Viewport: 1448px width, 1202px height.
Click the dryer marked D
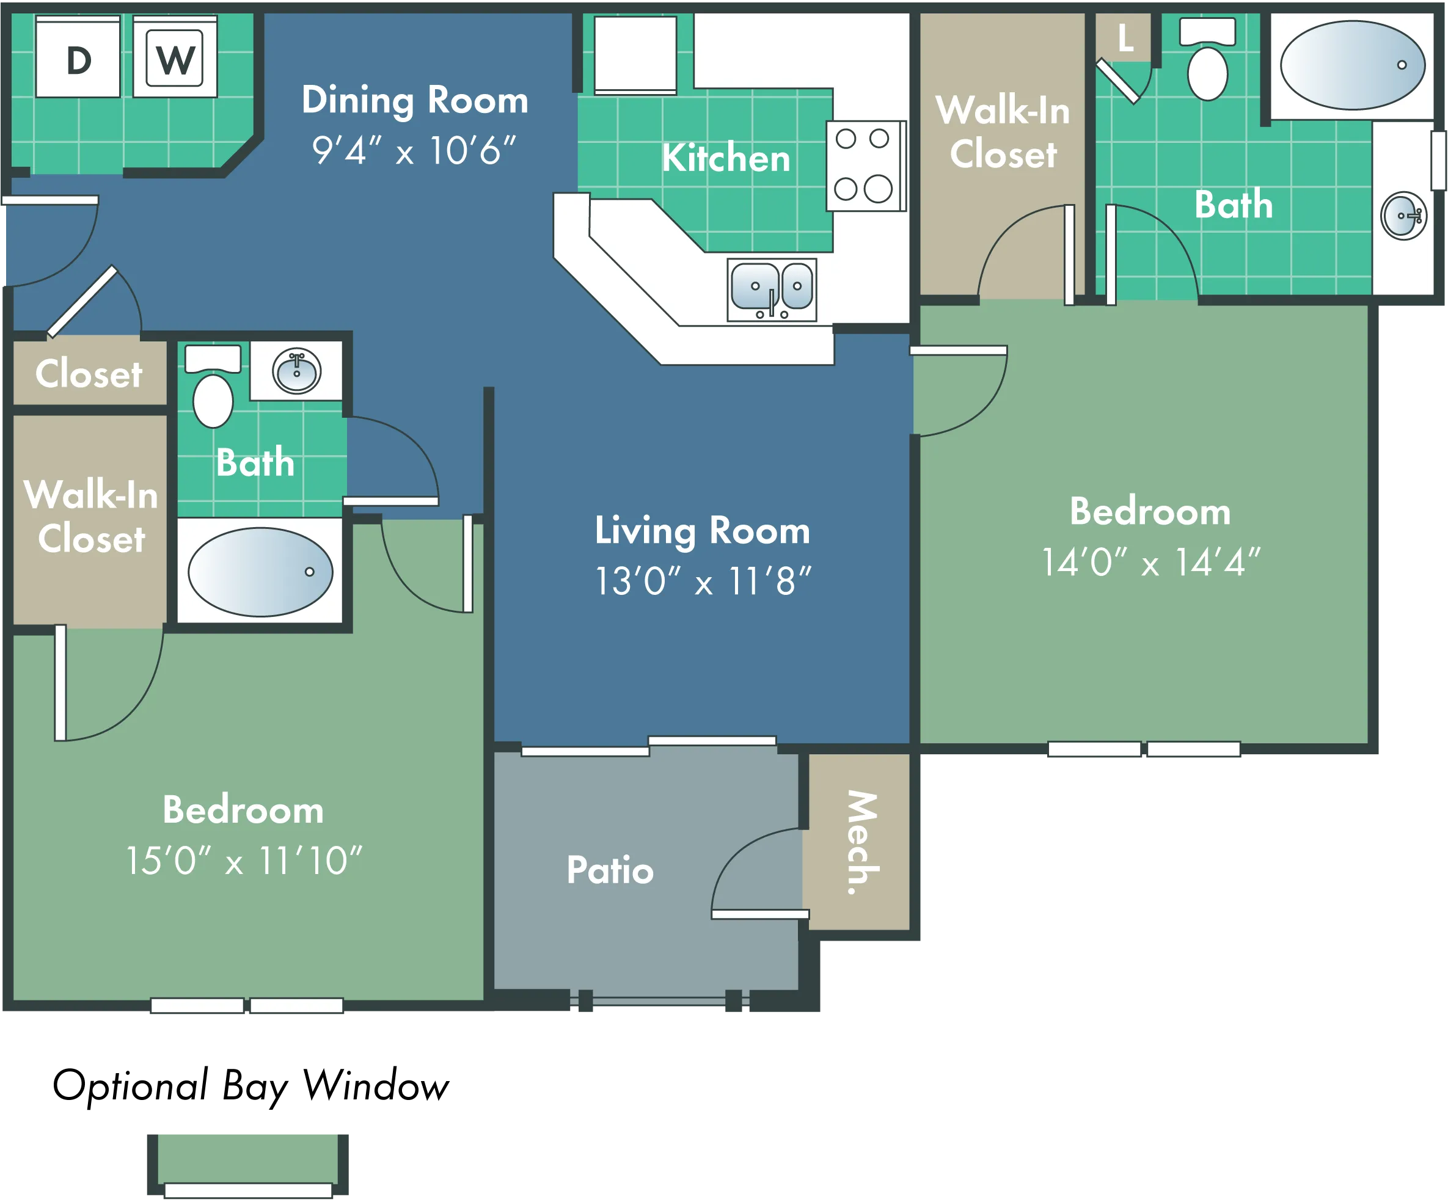coord(78,57)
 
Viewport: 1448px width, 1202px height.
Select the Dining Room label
coord(415,101)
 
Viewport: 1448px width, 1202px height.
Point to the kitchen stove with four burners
coord(866,166)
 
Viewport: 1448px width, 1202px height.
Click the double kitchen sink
coord(772,290)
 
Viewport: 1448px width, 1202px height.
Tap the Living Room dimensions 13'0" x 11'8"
coord(703,581)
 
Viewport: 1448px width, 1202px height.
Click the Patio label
coord(610,870)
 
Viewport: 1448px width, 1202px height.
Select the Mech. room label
coord(863,842)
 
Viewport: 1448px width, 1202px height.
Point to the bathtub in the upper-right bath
coord(1353,65)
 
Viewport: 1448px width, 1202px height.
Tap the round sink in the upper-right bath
coord(1404,216)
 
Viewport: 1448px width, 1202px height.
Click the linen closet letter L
coord(1125,38)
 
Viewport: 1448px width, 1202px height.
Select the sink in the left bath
coord(296,371)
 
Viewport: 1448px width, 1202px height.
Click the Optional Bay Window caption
coord(250,1087)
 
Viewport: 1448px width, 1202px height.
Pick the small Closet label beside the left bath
coord(89,374)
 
